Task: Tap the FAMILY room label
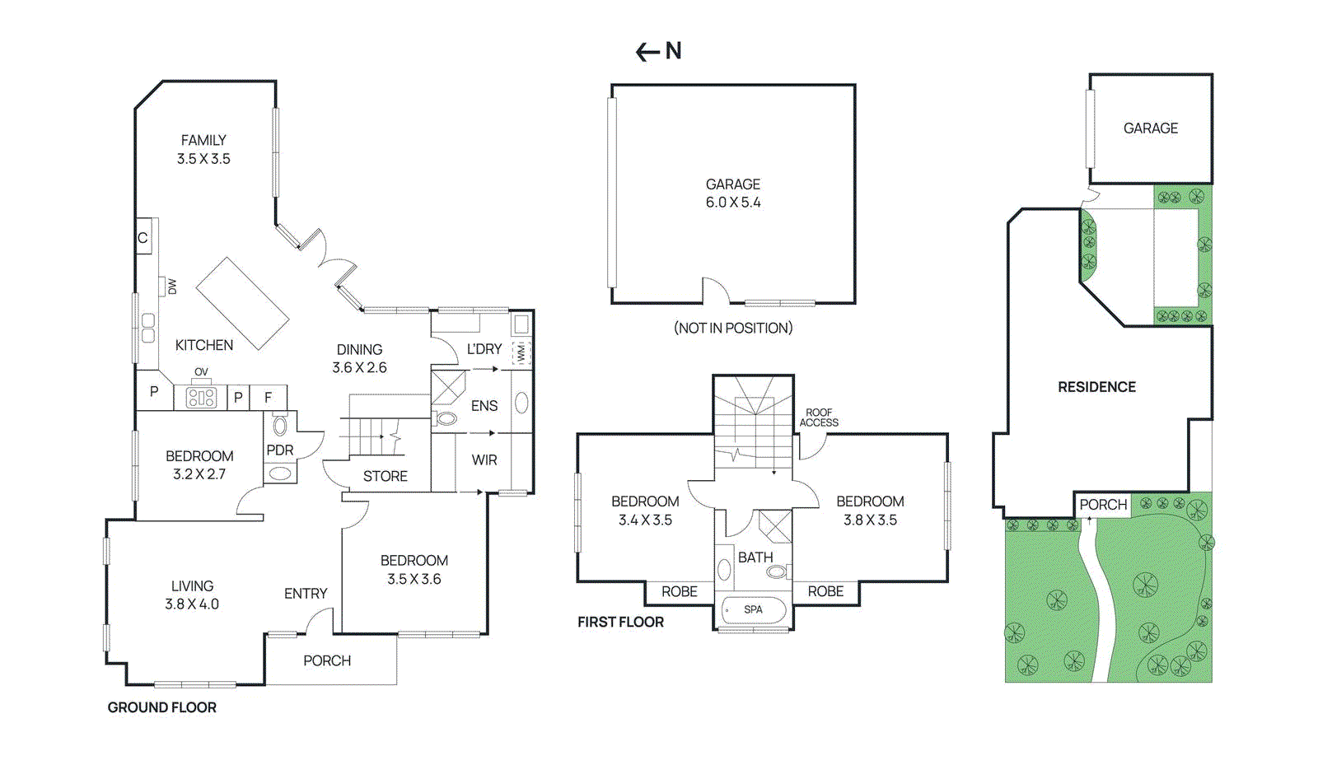click(x=203, y=141)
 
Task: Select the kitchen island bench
click(x=242, y=303)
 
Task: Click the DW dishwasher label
click(x=172, y=287)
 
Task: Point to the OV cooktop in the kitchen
click(x=201, y=398)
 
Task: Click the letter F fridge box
click(x=268, y=398)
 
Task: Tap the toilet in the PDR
click(x=280, y=426)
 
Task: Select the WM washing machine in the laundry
click(x=521, y=353)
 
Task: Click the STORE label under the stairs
click(x=385, y=476)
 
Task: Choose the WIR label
click(x=484, y=460)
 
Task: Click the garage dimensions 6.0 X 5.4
click(x=733, y=203)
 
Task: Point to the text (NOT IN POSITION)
click(x=733, y=328)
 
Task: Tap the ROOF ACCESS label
click(x=819, y=417)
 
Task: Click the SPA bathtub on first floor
click(x=752, y=610)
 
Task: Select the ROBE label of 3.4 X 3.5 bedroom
click(x=679, y=591)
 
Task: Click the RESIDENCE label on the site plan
click(x=1096, y=387)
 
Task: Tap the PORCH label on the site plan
click(x=1102, y=505)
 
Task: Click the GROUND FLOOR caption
click(x=162, y=707)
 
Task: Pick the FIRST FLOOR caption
click(x=620, y=623)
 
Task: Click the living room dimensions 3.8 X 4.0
click(x=192, y=604)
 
